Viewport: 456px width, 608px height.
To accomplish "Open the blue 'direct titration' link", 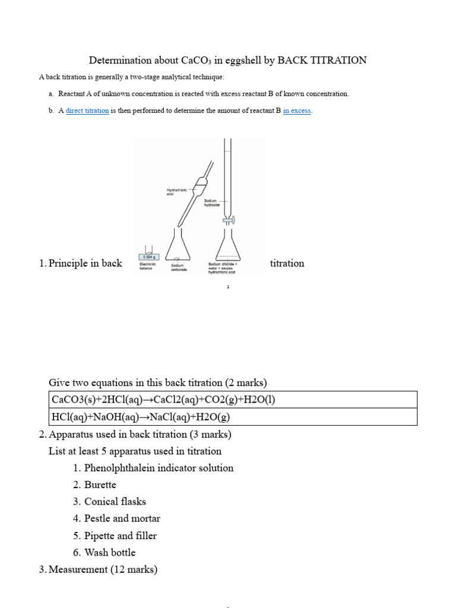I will point(87,110).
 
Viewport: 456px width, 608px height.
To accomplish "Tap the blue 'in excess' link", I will point(297,110).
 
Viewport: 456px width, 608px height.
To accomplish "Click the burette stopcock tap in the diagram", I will point(227,220).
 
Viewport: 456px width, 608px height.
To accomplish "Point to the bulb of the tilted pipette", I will point(199,185).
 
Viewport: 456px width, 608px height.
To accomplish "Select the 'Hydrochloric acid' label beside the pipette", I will point(176,192).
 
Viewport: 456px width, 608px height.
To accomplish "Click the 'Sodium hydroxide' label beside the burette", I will point(212,203).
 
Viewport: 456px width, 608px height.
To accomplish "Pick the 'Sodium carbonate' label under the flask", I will point(179,267).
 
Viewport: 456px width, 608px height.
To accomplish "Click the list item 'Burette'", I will point(100,484).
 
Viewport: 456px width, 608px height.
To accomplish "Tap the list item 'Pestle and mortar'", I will point(122,518).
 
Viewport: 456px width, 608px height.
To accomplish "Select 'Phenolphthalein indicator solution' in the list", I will point(159,468).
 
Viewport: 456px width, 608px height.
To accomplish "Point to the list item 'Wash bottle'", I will point(110,552).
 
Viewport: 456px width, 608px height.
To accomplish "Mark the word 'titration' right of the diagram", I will point(287,263).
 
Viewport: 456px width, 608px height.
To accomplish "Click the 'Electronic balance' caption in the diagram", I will point(147,266).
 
